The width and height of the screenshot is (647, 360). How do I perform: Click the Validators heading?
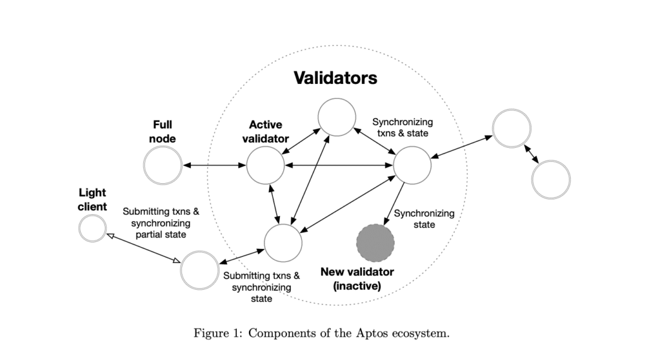[x=336, y=78]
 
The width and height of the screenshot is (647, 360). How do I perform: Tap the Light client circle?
[x=92, y=228]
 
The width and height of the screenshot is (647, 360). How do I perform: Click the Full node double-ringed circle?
[x=162, y=166]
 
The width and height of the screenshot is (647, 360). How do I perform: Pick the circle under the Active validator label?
[x=265, y=166]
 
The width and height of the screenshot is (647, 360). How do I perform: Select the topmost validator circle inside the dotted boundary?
[x=336, y=117]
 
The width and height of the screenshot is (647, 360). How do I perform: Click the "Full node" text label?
[x=162, y=131]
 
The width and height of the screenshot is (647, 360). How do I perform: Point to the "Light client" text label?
[x=92, y=199]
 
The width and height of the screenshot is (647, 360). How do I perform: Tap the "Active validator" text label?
[x=265, y=131]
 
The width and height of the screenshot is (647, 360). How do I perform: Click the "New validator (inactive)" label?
[x=357, y=279]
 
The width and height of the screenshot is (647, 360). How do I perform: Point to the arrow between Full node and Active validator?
[x=214, y=166]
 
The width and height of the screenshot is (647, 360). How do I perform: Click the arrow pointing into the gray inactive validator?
[x=394, y=203]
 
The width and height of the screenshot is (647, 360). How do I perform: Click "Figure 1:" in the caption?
[x=218, y=333]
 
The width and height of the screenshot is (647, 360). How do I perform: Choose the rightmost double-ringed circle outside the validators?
[x=550, y=179]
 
